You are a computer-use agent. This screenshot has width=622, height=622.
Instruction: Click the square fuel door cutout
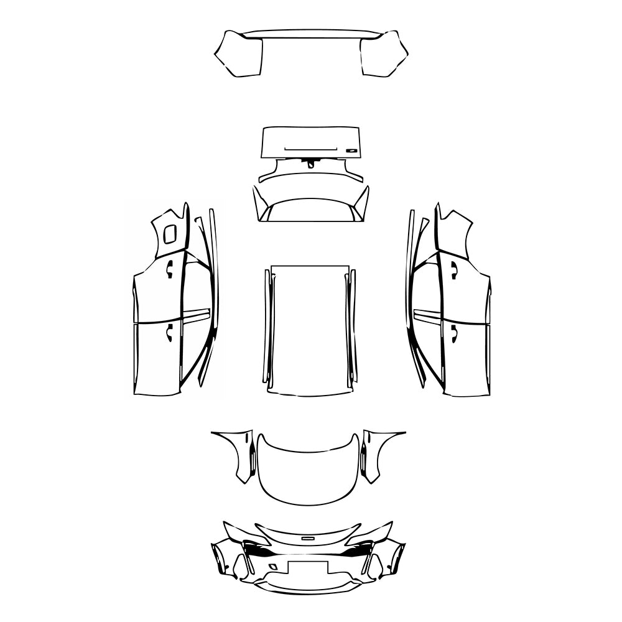[x=169, y=234]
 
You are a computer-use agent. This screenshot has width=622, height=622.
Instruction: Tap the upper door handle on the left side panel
[x=169, y=268]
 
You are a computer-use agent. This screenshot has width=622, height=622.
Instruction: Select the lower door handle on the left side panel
[x=169, y=334]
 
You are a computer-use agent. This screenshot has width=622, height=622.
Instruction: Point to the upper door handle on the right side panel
[x=454, y=269]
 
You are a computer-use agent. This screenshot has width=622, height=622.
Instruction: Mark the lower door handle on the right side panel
[x=454, y=334]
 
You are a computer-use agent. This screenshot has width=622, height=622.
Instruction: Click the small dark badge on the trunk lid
[x=352, y=149]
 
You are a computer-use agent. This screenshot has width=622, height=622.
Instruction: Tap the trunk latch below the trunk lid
[x=310, y=163]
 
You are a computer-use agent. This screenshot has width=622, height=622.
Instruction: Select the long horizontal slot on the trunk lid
[x=310, y=149]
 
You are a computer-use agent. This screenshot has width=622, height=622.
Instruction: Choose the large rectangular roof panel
[x=309, y=330]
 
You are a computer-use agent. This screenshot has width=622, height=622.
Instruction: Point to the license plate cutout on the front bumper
[x=308, y=569]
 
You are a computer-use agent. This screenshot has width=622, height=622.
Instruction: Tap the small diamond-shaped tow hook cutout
[x=273, y=567]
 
